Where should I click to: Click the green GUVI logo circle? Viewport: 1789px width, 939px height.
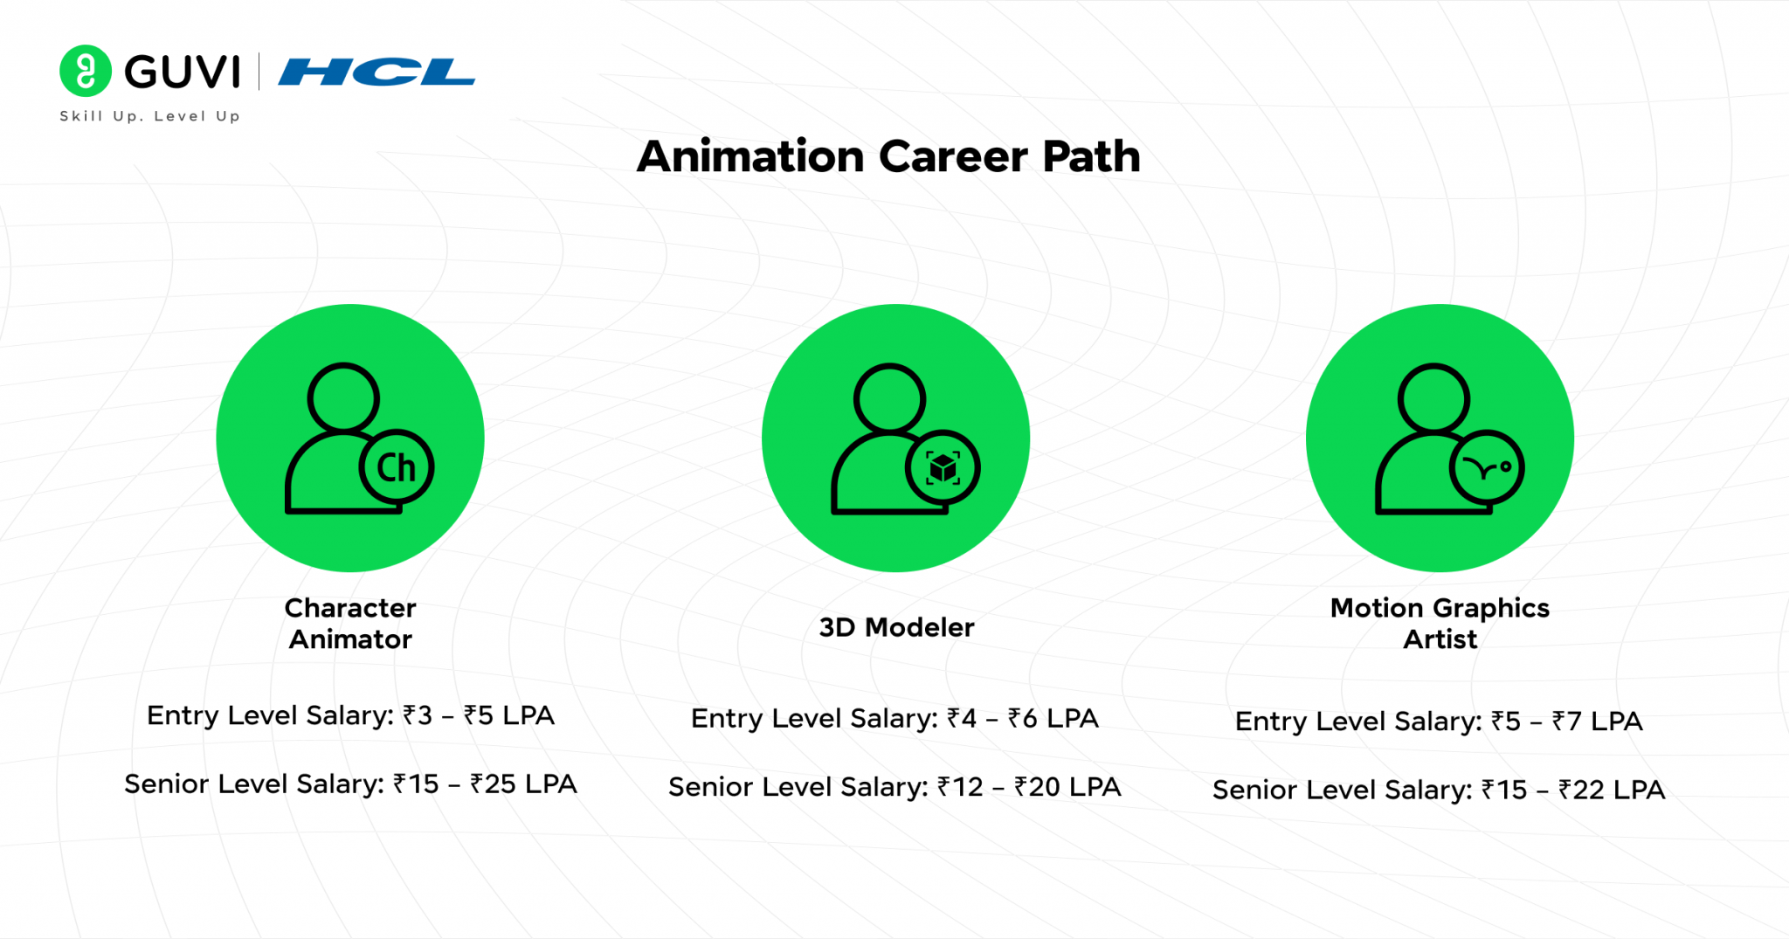[85, 71]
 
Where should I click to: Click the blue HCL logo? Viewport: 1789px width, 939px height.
[376, 72]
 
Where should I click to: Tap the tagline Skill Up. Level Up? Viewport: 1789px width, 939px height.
[149, 116]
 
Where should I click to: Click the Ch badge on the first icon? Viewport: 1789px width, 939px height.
[397, 468]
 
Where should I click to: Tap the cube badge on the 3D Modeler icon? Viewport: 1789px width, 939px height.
[943, 468]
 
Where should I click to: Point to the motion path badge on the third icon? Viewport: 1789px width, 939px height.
[1487, 468]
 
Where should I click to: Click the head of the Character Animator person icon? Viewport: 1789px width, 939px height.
[343, 398]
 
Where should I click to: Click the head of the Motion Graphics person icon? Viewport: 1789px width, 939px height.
[1433, 398]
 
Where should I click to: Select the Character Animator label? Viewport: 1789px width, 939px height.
[350, 624]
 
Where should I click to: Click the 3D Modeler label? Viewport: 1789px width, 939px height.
[896, 627]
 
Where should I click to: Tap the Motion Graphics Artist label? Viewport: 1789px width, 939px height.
[1440, 624]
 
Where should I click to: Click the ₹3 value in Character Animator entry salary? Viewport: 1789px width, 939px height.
[418, 715]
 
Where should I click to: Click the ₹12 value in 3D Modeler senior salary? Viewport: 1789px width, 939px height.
[960, 787]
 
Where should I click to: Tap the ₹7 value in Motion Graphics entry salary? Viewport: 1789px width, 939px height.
[1566, 722]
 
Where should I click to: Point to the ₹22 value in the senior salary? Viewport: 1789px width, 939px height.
[1581, 790]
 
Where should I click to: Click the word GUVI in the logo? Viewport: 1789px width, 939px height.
[182, 72]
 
